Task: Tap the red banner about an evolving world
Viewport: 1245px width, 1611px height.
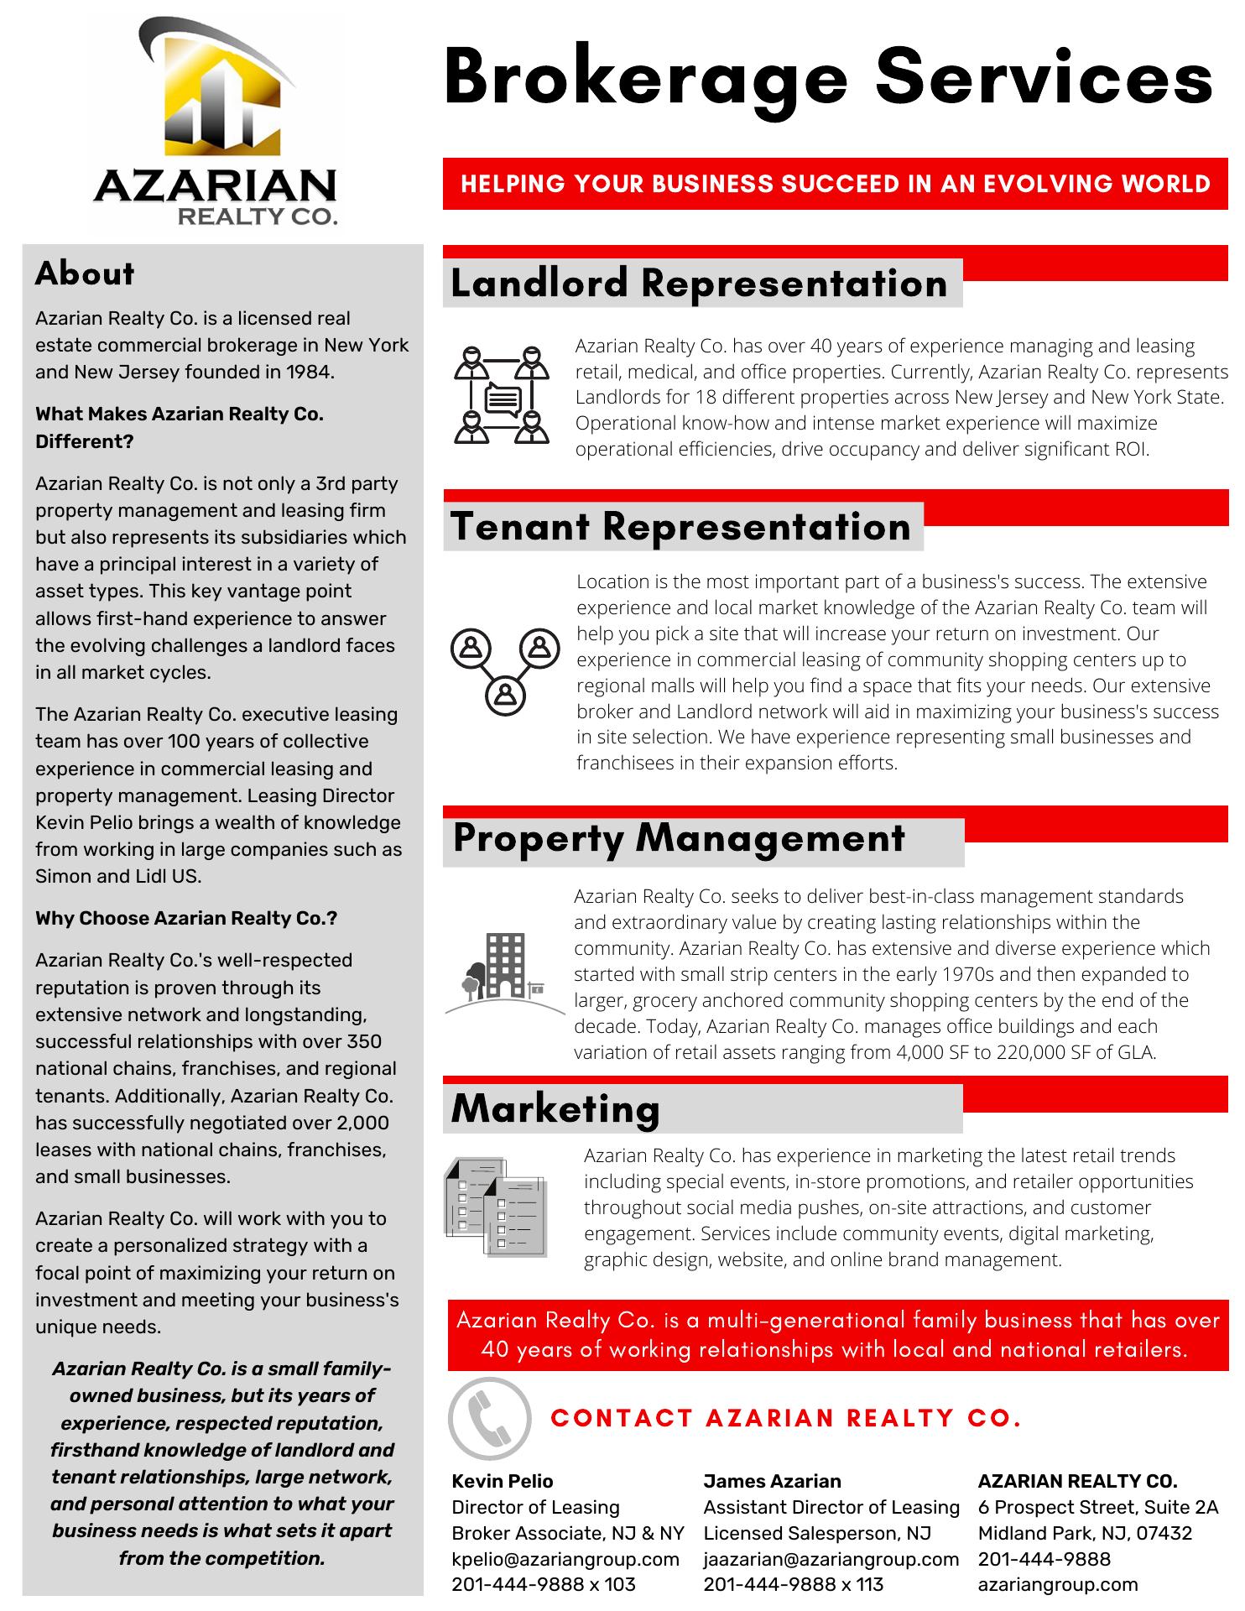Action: pos(835,184)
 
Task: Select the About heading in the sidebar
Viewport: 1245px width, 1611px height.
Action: pos(85,274)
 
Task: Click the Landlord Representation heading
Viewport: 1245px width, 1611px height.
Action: pos(699,284)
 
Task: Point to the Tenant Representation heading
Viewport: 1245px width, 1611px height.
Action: pos(680,527)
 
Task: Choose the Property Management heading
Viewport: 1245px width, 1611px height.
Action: pos(679,838)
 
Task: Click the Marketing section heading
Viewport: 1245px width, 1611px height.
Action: pos(555,1108)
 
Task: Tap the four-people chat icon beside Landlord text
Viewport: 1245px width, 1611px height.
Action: pos(502,394)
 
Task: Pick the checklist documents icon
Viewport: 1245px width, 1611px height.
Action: pos(495,1207)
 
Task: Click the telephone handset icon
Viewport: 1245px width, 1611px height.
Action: pos(489,1418)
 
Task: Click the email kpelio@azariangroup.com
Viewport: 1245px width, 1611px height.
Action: pos(565,1559)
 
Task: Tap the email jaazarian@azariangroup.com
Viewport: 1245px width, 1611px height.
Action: pos(831,1559)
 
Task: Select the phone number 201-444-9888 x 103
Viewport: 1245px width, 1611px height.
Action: pos(544,1585)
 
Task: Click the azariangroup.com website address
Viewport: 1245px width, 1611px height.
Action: pos(1058,1585)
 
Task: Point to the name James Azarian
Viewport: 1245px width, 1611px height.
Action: pos(772,1481)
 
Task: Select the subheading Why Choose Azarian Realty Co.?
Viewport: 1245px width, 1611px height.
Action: pos(186,918)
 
